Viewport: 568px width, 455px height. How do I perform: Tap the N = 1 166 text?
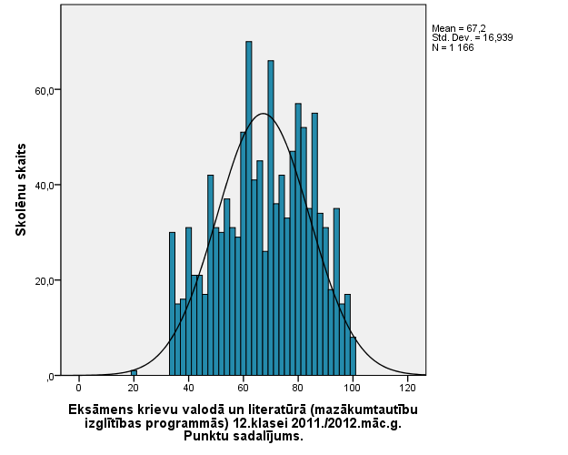pyautogui.click(x=453, y=47)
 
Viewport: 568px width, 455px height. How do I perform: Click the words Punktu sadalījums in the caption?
pyautogui.click(x=242, y=435)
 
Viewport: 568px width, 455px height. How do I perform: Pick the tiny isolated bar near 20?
pyautogui.click(x=134, y=372)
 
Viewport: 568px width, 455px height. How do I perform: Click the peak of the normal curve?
pyautogui.click(x=263, y=114)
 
